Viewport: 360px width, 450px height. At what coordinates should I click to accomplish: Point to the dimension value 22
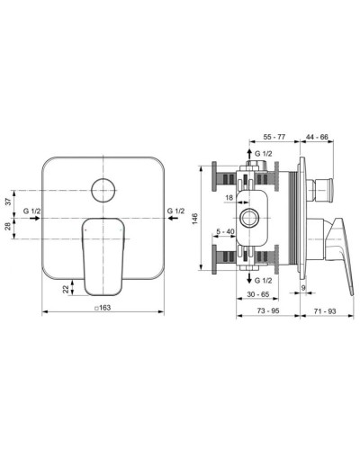pos(66,286)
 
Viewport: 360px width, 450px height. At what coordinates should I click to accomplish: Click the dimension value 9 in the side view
pos(303,288)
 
